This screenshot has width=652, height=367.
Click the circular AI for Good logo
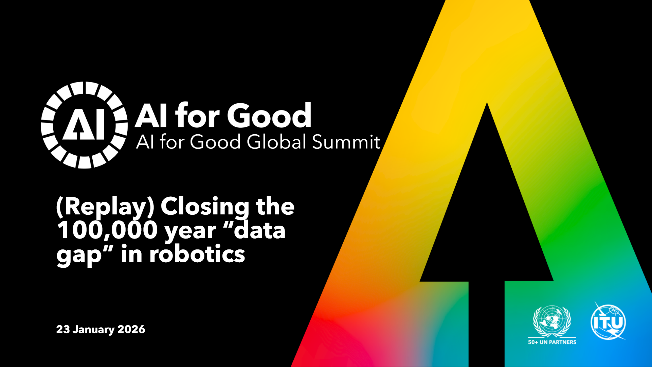click(x=84, y=125)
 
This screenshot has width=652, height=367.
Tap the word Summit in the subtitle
click(x=346, y=142)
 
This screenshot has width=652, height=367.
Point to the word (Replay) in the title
click(x=105, y=207)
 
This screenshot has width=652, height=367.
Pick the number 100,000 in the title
click(x=107, y=231)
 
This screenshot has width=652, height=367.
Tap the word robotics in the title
click(x=197, y=254)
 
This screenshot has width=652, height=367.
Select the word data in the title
click(x=260, y=230)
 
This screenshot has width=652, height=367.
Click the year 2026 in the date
click(x=131, y=329)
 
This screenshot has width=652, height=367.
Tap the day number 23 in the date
click(x=63, y=329)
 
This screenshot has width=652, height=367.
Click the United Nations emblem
click(x=552, y=321)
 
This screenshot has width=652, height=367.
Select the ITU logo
click(x=608, y=321)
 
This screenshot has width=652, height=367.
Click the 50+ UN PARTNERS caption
click(x=552, y=342)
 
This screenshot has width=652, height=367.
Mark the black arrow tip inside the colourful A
click(x=487, y=103)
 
